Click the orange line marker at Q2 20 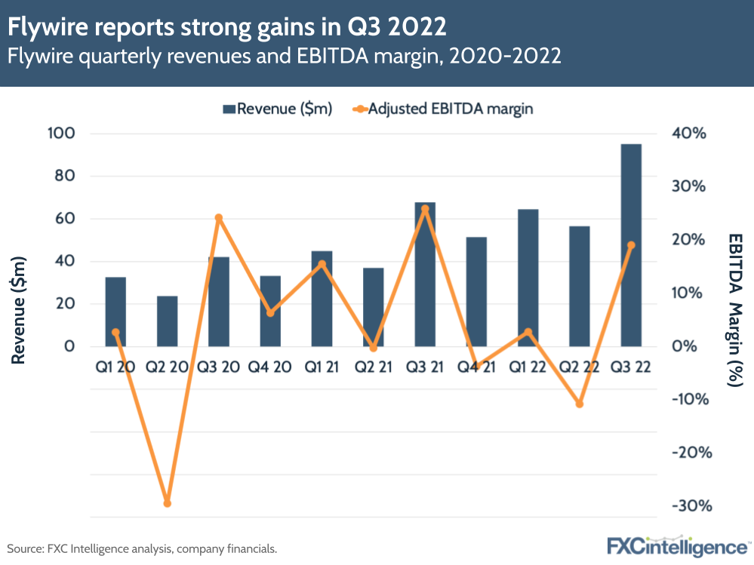point(168,503)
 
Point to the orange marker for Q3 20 point(219,218)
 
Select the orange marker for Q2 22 point(580,404)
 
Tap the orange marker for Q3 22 point(631,245)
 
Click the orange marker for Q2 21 point(374,348)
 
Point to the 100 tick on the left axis point(63,134)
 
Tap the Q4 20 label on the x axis point(270,368)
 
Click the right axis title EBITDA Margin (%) point(734,309)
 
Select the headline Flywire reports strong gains point(226,28)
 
